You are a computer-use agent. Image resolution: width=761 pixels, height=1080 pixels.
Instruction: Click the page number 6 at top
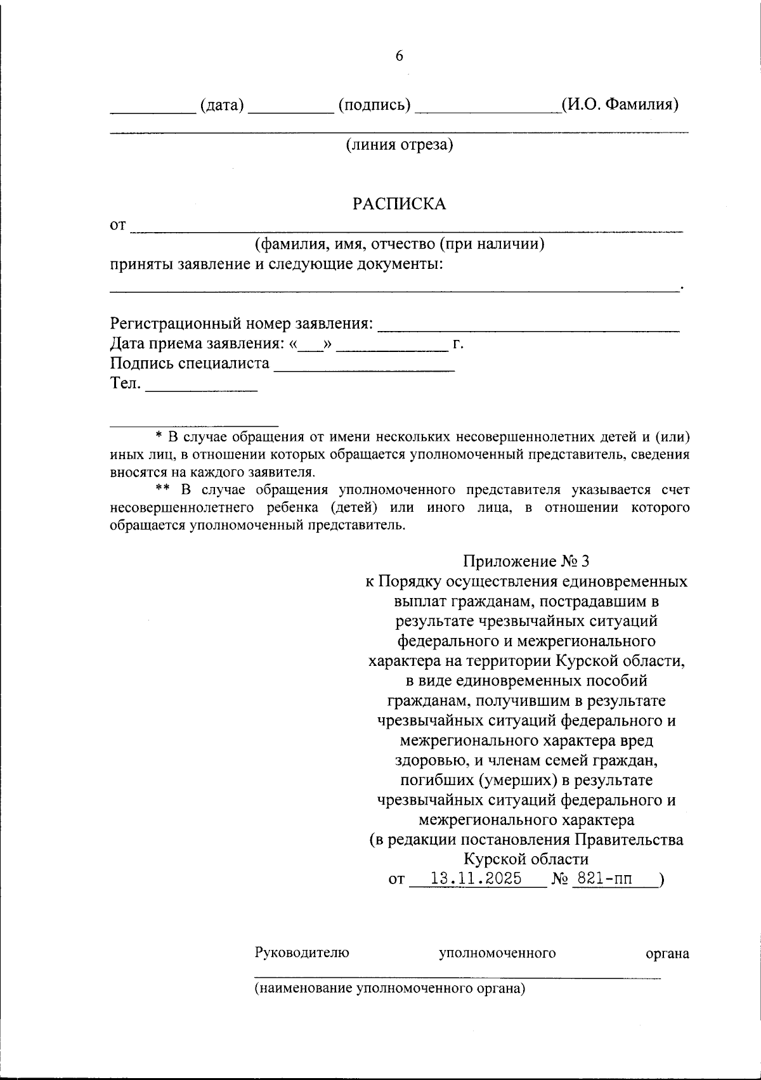click(x=399, y=56)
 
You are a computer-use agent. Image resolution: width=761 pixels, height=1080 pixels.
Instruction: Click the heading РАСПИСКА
click(x=399, y=204)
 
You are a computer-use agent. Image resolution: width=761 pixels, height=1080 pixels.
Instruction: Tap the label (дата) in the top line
click(x=222, y=105)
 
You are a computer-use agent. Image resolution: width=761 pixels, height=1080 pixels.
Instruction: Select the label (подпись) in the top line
click(x=374, y=105)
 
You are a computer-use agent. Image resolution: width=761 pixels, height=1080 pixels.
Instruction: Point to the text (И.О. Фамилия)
click(x=620, y=104)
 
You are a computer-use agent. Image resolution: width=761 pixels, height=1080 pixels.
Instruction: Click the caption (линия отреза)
click(x=399, y=145)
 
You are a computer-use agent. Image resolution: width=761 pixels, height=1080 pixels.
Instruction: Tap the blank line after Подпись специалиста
click(x=364, y=368)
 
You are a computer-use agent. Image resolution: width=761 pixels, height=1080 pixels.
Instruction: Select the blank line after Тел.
click(x=201, y=388)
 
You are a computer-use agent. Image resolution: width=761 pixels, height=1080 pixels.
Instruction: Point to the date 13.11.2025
click(x=476, y=878)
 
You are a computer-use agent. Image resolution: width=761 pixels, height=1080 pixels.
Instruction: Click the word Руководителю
click(x=302, y=953)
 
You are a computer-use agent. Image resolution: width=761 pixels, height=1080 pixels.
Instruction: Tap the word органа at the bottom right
click(x=667, y=953)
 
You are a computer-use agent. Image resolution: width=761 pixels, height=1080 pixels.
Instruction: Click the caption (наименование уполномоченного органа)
click(x=390, y=988)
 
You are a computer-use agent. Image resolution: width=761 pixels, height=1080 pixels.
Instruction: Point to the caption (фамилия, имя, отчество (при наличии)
click(x=400, y=244)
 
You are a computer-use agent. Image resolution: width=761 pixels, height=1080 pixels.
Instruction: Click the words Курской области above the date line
click(x=526, y=859)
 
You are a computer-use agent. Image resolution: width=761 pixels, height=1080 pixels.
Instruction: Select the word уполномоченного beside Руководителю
click(x=497, y=953)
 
